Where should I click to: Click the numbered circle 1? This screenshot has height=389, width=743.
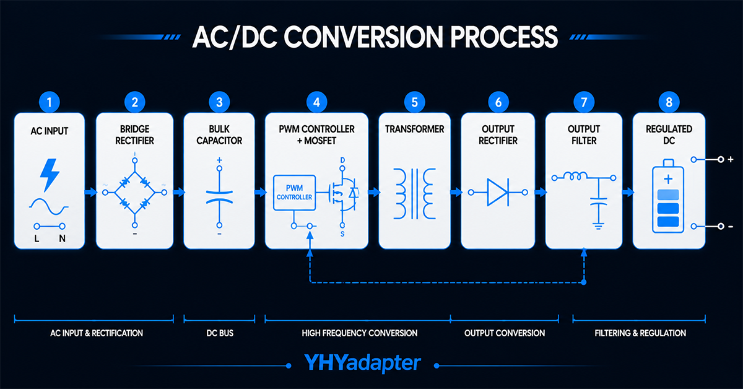[49, 102]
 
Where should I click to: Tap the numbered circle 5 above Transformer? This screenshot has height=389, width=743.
[415, 102]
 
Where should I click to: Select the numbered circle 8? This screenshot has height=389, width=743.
[669, 102]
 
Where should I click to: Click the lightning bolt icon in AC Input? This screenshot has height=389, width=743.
[50, 175]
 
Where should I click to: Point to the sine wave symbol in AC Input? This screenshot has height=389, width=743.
[49, 206]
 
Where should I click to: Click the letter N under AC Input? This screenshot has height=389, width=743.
[62, 238]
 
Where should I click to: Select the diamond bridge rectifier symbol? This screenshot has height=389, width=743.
[135, 193]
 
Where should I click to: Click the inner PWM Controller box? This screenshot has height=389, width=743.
[294, 193]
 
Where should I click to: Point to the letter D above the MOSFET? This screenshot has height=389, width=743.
[342, 160]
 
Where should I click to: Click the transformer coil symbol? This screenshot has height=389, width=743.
[415, 193]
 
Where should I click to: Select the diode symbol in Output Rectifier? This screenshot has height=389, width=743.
[498, 192]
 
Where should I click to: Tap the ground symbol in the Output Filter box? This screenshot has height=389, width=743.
[598, 226]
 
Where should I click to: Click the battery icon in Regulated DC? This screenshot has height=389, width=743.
[668, 196]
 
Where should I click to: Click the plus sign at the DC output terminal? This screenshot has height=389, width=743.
[731, 159]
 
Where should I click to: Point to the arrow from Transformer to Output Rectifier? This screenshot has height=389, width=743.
[456, 192]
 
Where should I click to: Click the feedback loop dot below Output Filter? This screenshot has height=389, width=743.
[584, 282]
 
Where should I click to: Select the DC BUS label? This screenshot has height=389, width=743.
[220, 333]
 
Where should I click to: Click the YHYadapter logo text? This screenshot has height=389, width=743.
[363, 362]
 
